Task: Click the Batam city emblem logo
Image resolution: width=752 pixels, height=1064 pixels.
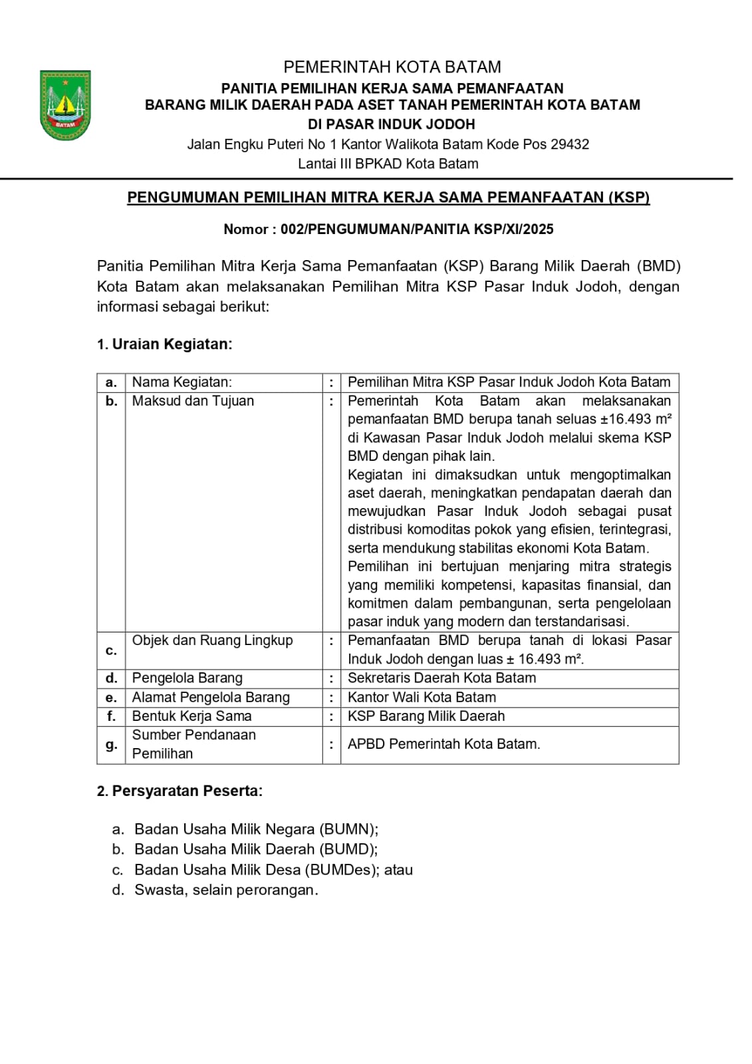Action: pyautogui.click(x=65, y=105)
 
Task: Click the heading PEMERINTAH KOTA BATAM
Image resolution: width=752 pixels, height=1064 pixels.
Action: pyautogui.click(x=392, y=67)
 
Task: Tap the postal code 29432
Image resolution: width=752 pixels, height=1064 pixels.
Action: pyautogui.click(x=570, y=144)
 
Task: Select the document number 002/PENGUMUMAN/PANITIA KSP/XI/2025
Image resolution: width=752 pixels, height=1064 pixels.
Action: pyautogui.click(x=417, y=229)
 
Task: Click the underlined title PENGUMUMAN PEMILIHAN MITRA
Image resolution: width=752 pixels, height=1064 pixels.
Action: pyautogui.click(x=388, y=198)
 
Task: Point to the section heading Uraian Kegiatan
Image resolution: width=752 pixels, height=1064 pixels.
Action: pyautogui.click(x=172, y=344)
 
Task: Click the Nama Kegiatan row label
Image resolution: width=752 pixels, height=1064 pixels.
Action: pyautogui.click(x=182, y=382)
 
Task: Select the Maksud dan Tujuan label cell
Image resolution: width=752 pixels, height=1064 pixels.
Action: pyautogui.click(x=193, y=401)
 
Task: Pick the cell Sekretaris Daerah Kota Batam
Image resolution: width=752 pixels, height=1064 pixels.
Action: pyautogui.click(x=441, y=678)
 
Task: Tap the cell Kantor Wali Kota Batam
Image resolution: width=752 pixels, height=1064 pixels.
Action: pyautogui.click(x=422, y=698)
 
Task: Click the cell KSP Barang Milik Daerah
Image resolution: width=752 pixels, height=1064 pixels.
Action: pyautogui.click(x=426, y=716)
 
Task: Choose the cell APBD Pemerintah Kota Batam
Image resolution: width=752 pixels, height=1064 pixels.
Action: pyautogui.click(x=443, y=744)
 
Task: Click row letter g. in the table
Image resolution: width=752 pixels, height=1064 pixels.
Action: pyautogui.click(x=111, y=745)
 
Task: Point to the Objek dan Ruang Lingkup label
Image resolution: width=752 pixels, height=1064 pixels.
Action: pyautogui.click(x=212, y=640)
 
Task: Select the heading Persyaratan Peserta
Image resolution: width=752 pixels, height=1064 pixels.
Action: pyautogui.click(x=187, y=791)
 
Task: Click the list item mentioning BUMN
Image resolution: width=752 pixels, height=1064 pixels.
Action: pyautogui.click(x=256, y=829)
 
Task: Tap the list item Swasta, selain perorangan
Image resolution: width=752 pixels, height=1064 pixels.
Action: pyautogui.click(x=226, y=890)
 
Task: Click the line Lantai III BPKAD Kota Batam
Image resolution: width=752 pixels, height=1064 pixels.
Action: pyautogui.click(x=388, y=164)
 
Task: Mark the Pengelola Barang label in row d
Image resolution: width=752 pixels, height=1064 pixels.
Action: pyautogui.click(x=187, y=678)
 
